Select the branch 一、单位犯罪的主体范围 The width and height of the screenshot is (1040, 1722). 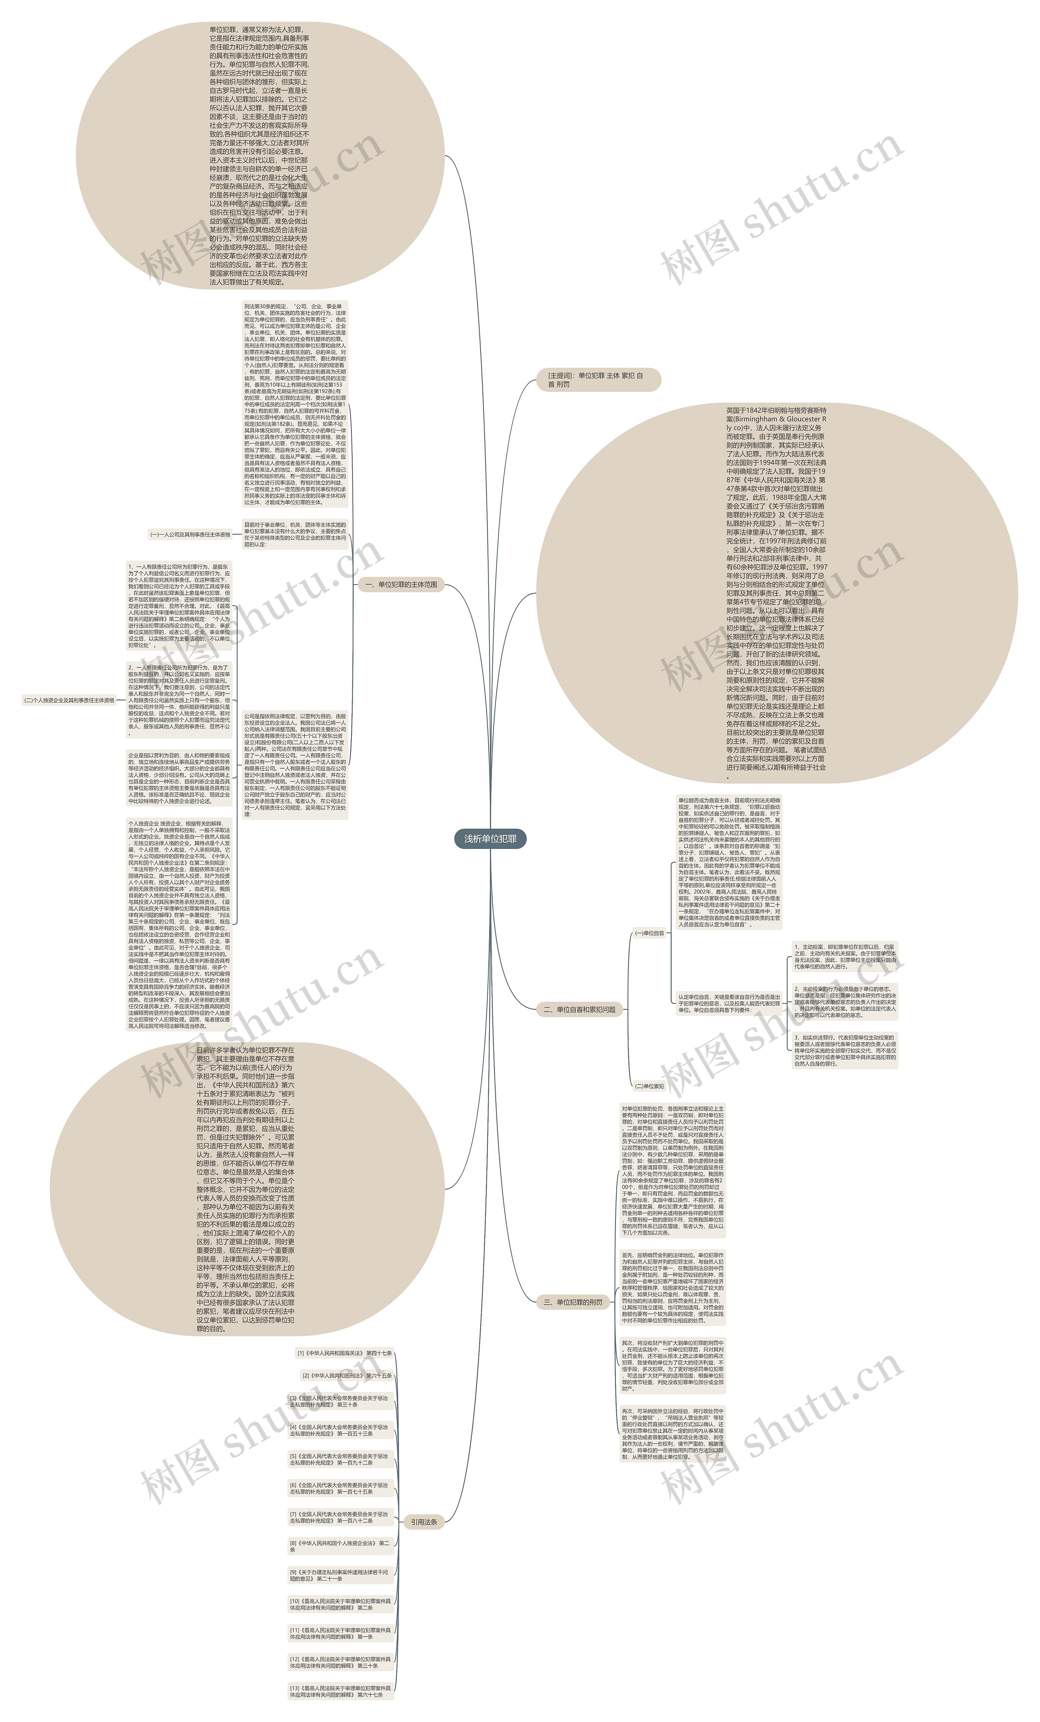pyautogui.click(x=407, y=584)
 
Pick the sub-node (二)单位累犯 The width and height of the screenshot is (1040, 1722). pyautogui.click(x=649, y=1086)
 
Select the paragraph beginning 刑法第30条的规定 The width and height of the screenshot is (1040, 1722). pyautogui.click(x=295, y=404)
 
